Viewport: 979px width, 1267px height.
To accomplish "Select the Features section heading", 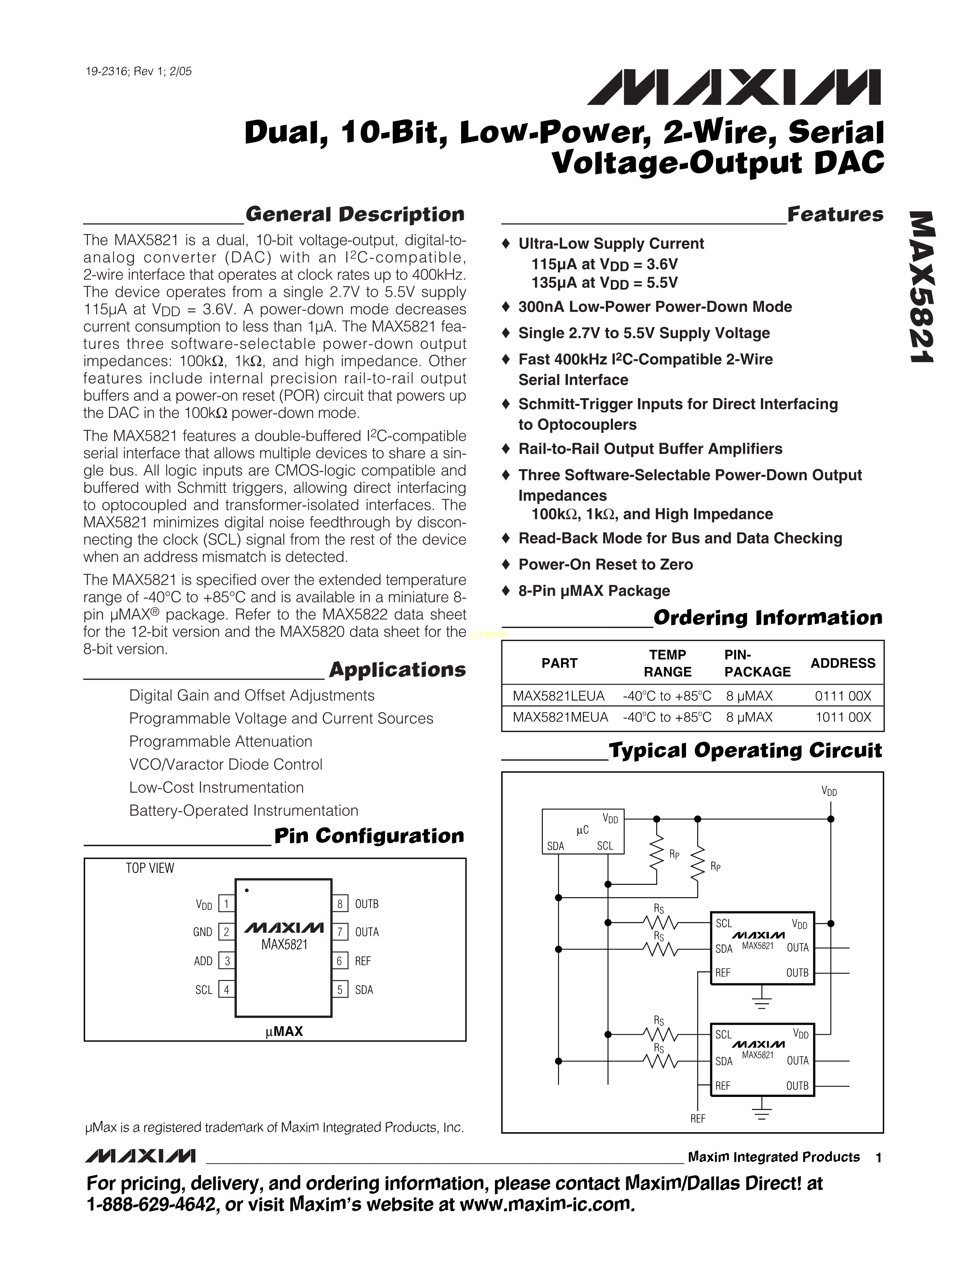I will coord(835,215).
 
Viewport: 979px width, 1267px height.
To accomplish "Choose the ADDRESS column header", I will coord(843,663).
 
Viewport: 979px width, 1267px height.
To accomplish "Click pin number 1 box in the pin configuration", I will coord(226,903).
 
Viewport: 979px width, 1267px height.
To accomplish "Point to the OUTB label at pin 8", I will coord(367,904).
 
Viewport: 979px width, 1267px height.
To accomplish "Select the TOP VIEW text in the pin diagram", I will coord(150,868).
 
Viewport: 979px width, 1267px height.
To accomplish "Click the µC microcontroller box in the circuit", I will coord(582,831).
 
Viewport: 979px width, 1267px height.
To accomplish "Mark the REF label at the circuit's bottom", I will coord(697,1118).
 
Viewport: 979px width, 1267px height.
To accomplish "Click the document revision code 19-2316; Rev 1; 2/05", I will coord(138,71).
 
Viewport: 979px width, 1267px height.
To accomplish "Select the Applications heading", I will coord(397,670).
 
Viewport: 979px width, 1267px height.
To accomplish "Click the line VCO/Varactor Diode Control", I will coord(226,764).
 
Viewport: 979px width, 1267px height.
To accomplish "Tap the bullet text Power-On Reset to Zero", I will coord(605,564).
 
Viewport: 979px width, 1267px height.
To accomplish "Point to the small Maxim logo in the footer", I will coord(141,1156).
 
